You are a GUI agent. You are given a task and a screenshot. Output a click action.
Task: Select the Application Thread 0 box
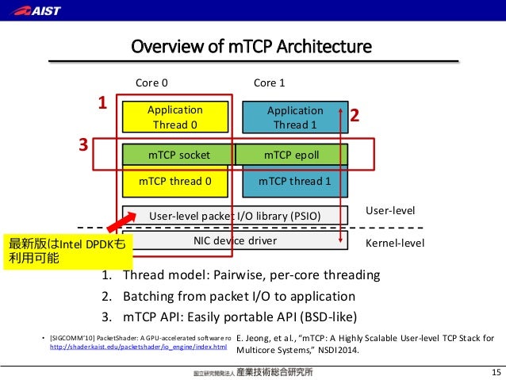pos(174,117)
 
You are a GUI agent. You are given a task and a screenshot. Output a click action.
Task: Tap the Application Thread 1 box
pos(290,117)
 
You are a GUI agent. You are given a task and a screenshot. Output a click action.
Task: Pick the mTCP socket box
pos(178,155)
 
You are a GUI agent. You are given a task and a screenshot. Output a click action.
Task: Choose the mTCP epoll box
pos(291,155)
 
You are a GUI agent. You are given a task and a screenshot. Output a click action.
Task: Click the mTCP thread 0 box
pos(174,181)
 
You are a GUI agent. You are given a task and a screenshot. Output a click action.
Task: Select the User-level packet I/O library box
pos(235,215)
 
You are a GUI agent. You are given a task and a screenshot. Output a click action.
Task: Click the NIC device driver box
pos(235,240)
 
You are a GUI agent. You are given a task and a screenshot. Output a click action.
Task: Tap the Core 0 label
pos(152,83)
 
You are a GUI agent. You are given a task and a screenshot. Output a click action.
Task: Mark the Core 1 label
pos(269,83)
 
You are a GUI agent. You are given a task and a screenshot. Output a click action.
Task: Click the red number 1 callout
pos(101,103)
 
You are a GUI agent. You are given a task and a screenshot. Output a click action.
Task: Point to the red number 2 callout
pos(355,116)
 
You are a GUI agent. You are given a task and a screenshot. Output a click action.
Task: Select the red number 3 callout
pos(82,146)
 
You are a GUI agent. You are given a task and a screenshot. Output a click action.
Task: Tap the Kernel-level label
pos(394,243)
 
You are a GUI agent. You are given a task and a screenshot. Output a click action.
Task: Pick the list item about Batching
pos(228,297)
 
